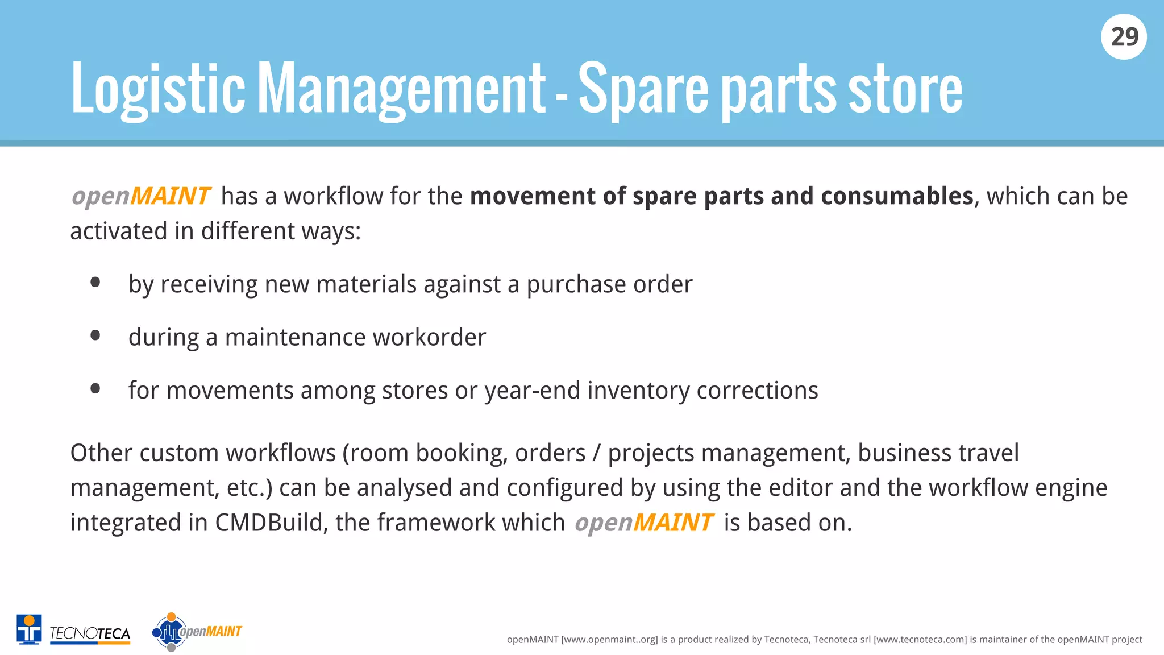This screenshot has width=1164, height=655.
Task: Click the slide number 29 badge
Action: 1124,37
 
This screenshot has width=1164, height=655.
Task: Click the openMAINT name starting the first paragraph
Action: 141,196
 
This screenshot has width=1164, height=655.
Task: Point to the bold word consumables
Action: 897,196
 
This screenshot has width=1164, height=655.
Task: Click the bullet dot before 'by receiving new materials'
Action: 95,283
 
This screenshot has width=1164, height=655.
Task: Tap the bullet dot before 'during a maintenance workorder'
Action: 95,335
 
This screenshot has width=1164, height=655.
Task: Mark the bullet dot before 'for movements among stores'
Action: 95,389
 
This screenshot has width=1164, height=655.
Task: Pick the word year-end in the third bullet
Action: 532,391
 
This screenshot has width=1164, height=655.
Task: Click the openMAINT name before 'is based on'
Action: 643,523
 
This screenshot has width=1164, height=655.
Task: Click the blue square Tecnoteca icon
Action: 29,629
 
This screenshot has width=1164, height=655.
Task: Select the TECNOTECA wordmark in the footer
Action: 90,633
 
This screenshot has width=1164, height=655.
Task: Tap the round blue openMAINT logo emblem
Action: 169,632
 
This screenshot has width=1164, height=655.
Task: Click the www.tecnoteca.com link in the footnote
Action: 920,640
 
